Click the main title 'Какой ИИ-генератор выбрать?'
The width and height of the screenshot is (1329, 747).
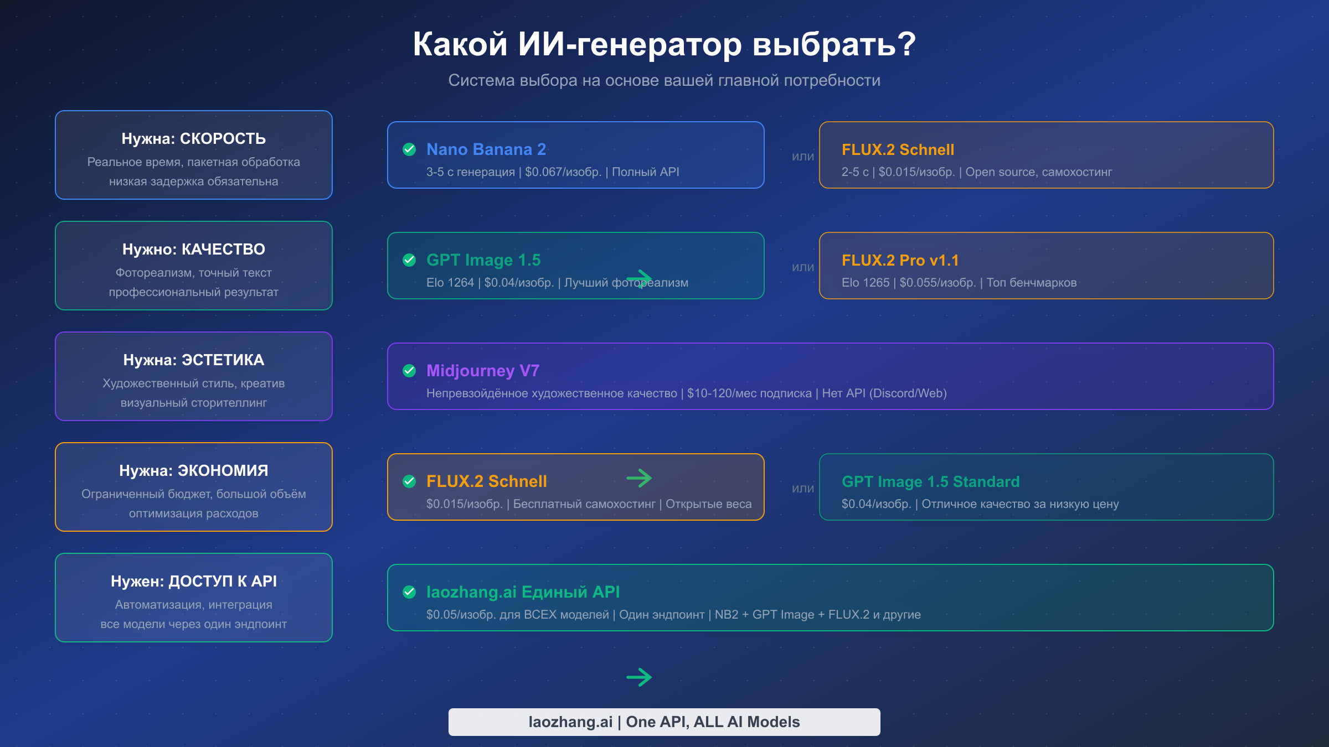[x=664, y=44]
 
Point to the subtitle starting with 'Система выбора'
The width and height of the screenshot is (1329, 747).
[x=664, y=80]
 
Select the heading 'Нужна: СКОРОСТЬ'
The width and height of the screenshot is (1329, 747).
[x=193, y=138]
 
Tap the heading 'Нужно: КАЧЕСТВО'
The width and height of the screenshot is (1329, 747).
[x=193, y=249]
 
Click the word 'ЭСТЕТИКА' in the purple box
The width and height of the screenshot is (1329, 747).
[x=223, y=360]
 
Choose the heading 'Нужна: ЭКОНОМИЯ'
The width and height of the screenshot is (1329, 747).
[x=193, y=470]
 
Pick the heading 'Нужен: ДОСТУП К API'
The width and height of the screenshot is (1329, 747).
[x=193, y=581]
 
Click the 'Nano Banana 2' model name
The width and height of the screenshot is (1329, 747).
[x=486, y=149]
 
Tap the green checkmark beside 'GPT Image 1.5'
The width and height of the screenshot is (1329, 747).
[x=409, y=260]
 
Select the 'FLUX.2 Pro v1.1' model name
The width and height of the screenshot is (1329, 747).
[x=900, y=260]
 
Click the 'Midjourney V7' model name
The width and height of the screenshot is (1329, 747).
[x=482, y=371]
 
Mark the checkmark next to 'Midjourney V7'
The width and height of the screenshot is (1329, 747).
[x=409, y=371]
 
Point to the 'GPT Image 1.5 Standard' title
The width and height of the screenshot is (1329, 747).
[x=930, y=481]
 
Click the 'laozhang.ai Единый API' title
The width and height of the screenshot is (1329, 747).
[x=523, y=592]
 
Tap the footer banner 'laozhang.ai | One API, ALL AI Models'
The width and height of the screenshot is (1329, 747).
[x=664, y=722]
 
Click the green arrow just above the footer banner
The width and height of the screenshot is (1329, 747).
[x=639, y=677]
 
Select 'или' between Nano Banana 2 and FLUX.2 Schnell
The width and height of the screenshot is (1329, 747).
[x=802, y=157]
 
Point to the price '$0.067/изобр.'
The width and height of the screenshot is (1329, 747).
[x=563, y=172]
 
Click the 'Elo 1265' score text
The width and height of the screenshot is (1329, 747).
[x=865, y=283]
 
